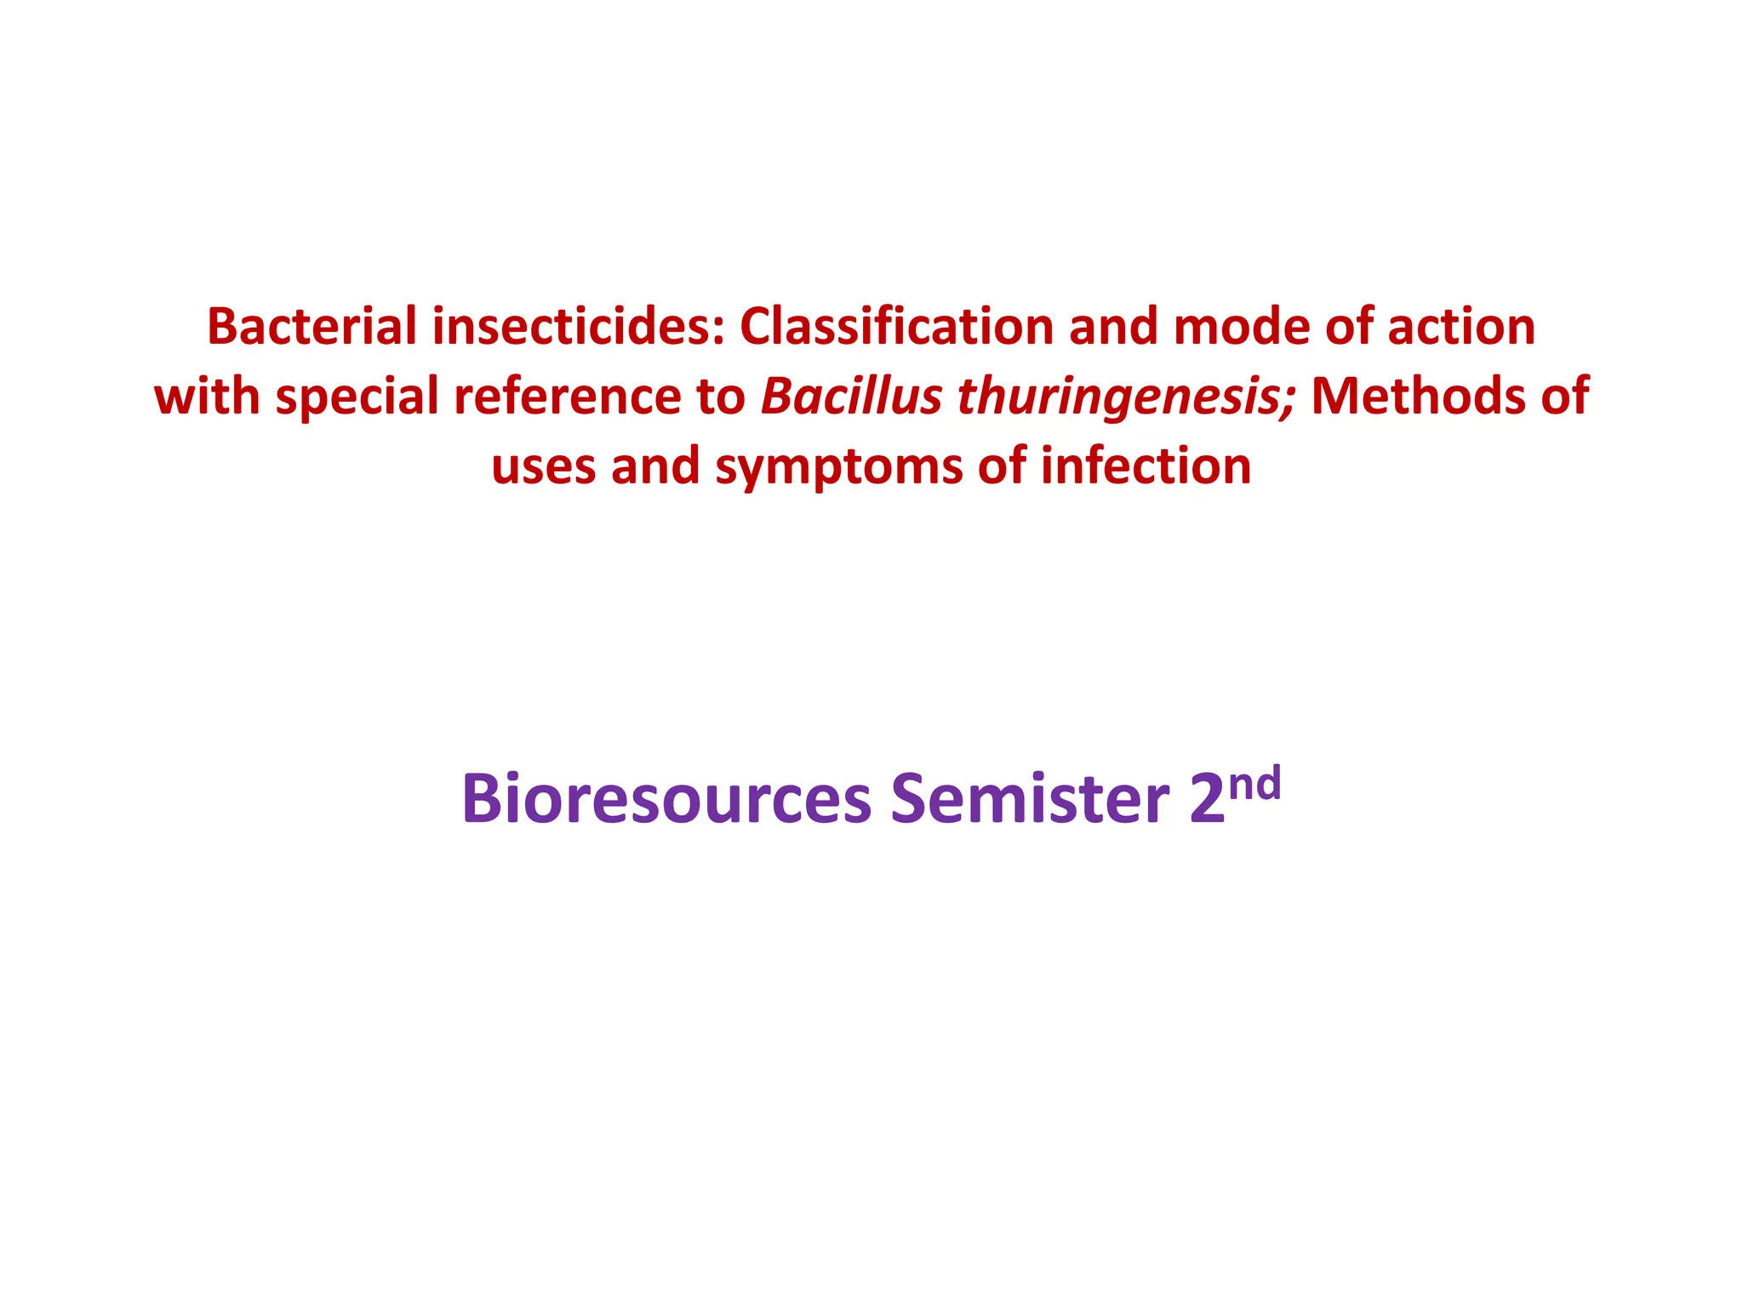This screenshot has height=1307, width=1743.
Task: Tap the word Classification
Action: click(x=897, y=328)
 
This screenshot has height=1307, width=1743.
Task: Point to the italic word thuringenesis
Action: click(x=1125, y=397)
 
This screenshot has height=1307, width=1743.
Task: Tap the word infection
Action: click(x=1146, y=466)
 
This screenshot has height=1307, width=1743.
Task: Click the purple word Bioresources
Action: click(x=666, y=799)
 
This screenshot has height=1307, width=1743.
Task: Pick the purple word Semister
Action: click(x=1030, y=799)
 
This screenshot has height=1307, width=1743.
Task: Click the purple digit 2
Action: click(x=1207, y=799)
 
